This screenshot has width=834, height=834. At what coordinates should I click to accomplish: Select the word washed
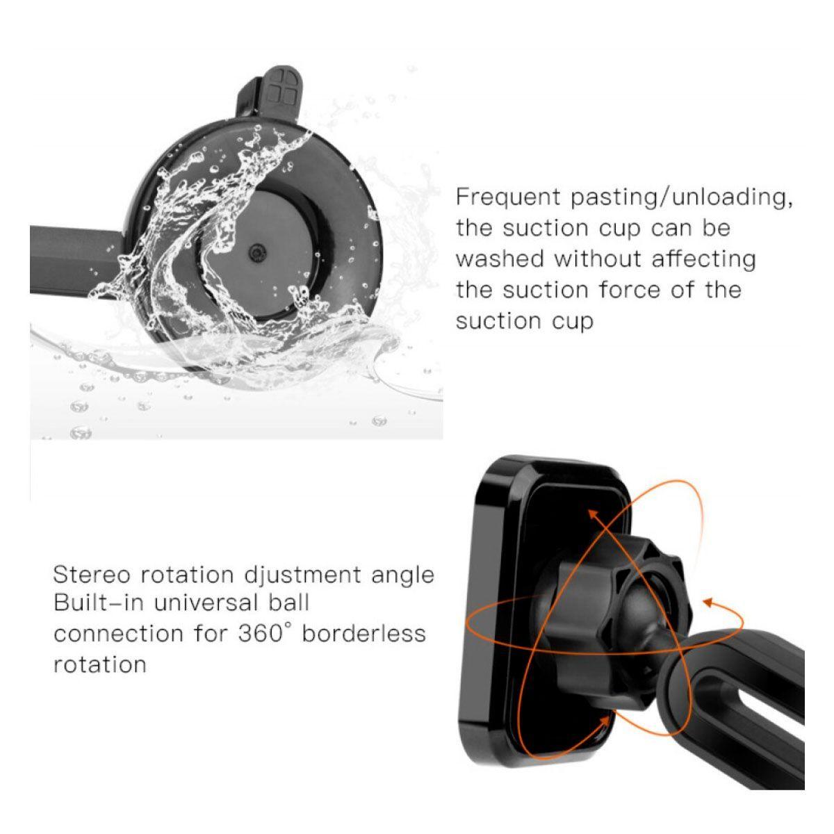500,259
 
